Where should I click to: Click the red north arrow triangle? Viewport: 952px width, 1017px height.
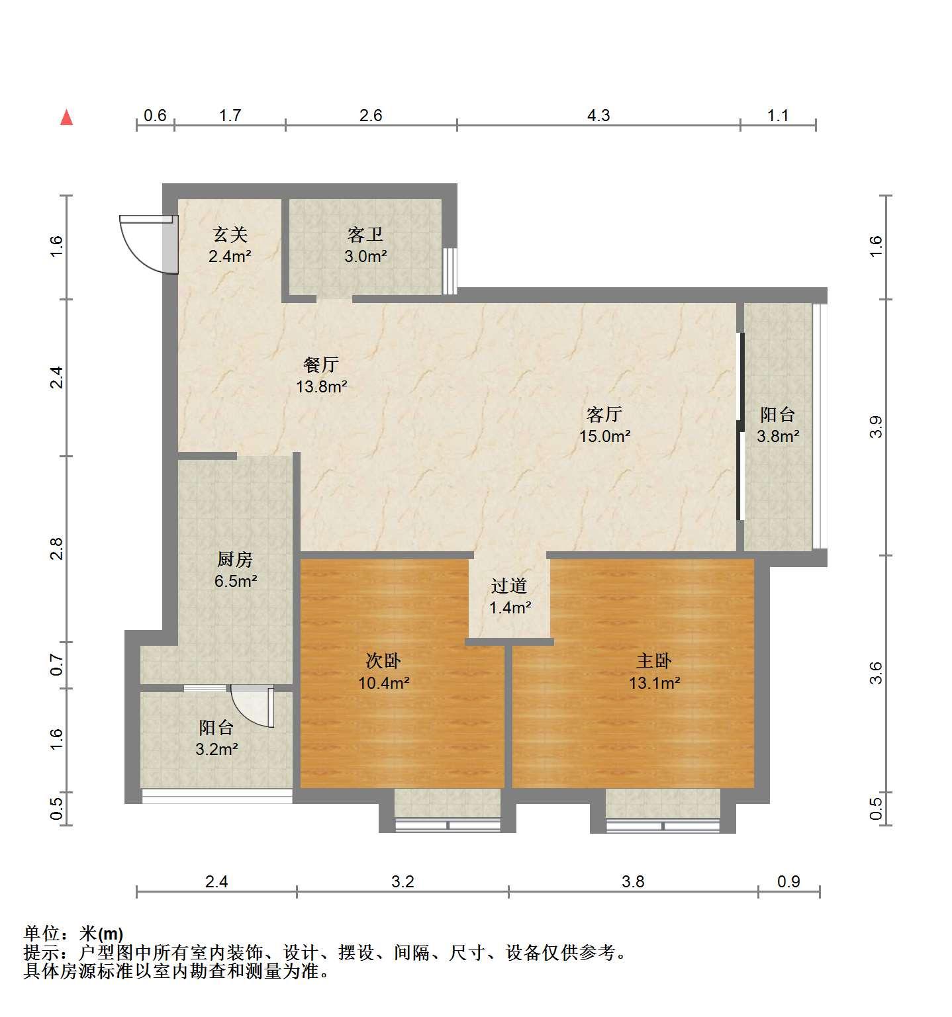pyautogui.click(x=66, y=118)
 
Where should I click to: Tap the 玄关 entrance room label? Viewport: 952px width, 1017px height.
pyautogui.click(x=230, y=235)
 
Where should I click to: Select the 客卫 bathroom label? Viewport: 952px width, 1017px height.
pyautogui.click(x=365, y=235)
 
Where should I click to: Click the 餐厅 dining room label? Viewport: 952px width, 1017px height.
pyautogui.click(x=321, y=365)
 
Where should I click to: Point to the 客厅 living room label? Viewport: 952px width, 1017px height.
pyautogui.click(x=604, y=415)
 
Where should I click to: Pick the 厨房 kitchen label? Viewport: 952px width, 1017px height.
pyautogui.click(x=235, y=560)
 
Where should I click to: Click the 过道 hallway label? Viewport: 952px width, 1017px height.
pyautogui.click(x=509, y=586)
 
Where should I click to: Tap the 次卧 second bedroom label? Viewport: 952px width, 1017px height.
pyautogui.click(x=383, y=660)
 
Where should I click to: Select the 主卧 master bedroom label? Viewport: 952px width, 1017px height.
pyautogui.click(x=654, y=660)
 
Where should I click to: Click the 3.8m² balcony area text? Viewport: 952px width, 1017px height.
pyautogui.click(x=778, y=437)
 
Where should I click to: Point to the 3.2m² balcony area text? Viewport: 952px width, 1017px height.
pyautogui.click(x=216, y=750)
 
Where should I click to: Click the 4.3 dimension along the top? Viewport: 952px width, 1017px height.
pyautogui.click(x=598, y=116)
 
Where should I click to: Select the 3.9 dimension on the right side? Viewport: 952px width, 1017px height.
pyautogui.click(x=875, y=427)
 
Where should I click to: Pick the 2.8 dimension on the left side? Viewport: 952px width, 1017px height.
pyautogui.click(x=56, y=549)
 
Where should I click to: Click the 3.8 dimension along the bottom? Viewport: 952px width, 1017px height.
pyautogui.click(x=633, y=881)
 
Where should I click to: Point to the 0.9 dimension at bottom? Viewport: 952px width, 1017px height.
pyautogui.click(x=788, y=881)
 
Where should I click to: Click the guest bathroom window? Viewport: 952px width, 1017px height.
pyautogui.click(x=450, y=271)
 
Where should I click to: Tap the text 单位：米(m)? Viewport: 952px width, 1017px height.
pyautogui.click(x=73, y=934)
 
